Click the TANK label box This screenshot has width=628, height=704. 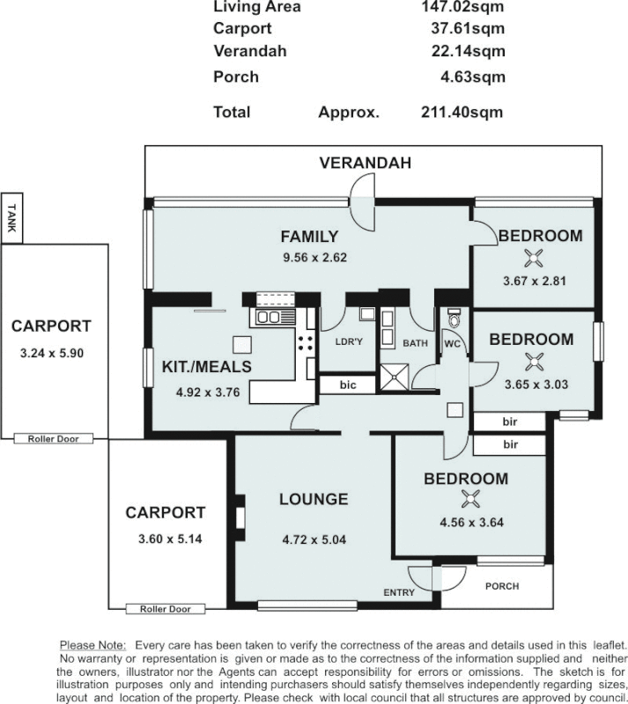pyautogui.click(x=11, y=216)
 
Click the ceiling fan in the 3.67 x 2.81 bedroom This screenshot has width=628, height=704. pyautogui.click(x=532, y=258)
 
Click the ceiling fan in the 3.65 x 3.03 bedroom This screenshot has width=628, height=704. pyautogui.click(x=530, y=360)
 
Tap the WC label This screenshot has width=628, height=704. pyautogui.click(x=453, y=342)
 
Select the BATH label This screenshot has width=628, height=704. pyautogui.click(x=415, y=342)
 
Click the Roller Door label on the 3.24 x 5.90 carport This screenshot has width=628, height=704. pyautogui.click(x=54, y=437)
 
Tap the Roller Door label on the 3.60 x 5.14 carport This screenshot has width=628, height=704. pyautogui.click(x=165, y=608)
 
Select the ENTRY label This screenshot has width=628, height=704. pyautogui.click(x=398, y=592)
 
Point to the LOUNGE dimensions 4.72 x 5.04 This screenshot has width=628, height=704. pyautogui.click(x=314, y=539)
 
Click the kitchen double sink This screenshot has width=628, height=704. pyautogui.click(x=270, y=317)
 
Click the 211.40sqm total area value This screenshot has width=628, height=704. pyautogui.click(x=462, y=112)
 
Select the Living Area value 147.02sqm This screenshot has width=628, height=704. pyautogui.click(x=463, y=7)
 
